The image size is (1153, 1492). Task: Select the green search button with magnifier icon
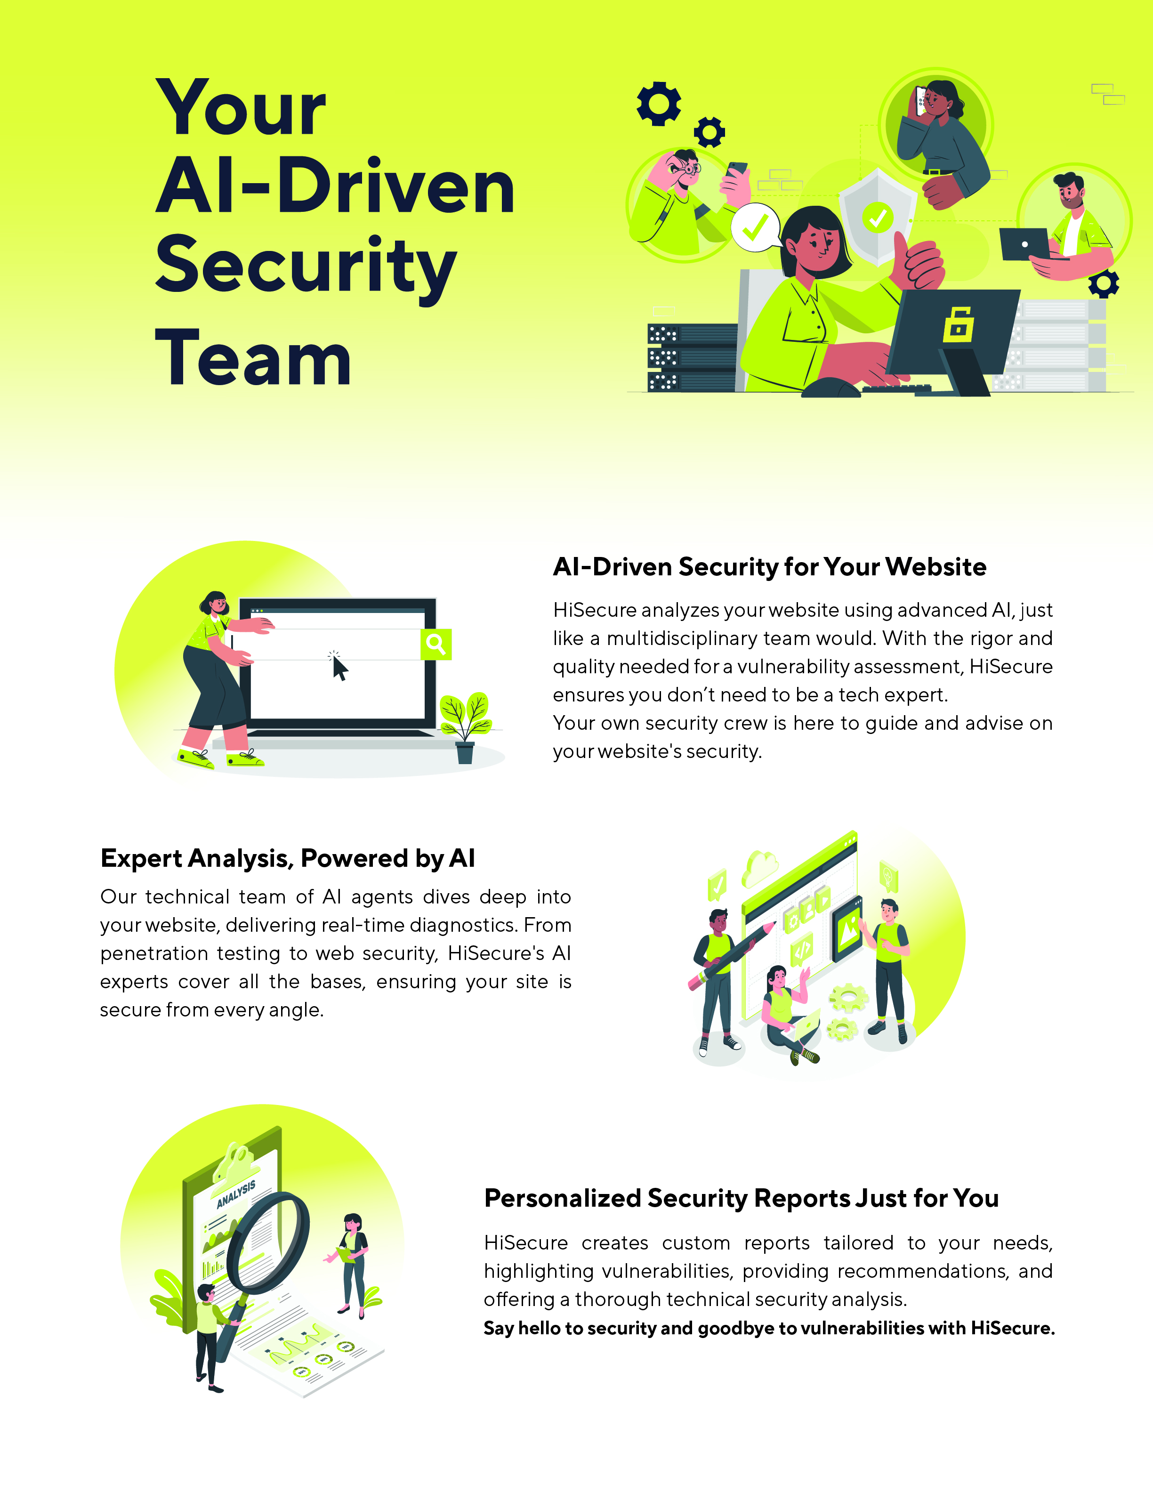click(x=436, y=644)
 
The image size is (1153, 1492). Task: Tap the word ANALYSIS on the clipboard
click(x=236, y=1194)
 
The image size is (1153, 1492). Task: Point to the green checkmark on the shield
click(x=878, y=218)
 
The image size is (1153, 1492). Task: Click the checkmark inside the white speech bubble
click(x=756, y=227)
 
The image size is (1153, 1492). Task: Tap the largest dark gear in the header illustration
click(x=659, y=104)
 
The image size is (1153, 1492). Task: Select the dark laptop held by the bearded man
click(x=1024, y=244)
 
